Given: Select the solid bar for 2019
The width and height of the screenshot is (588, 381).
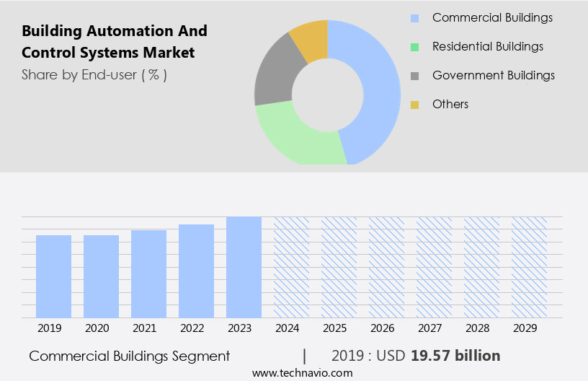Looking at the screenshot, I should pyautogui.click(x=53, y=276).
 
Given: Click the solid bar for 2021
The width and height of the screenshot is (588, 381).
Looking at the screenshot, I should pyautogui.click(x=148, y=274).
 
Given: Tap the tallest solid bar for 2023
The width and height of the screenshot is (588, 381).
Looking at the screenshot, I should pyautogui.click(x=244, y=267).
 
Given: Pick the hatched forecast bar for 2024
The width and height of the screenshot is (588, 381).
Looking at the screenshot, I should pyautogui.click(x=291, y=267).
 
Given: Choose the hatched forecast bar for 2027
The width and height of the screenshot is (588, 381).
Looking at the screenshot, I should pyautogui.click(x=434, y=267).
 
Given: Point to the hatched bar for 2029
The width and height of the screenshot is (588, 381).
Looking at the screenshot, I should pyautogui.click(x=529, y=267).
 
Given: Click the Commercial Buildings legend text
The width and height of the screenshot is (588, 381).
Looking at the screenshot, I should pyautogui.click(x=491, y=17).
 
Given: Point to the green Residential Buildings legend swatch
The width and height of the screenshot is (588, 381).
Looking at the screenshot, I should pyautogui.click(x=414, y=47).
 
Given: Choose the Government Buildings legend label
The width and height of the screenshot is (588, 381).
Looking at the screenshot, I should pyautogui.click(x=493, y=75).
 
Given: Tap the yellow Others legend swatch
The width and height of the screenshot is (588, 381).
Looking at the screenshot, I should pyautogui.click(x=414, y=105).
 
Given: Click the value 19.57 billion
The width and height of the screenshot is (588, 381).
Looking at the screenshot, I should pyautogui.click(x=455, y=356).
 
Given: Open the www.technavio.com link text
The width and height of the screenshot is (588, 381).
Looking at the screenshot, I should pyautogui.click(x=303, y=373).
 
